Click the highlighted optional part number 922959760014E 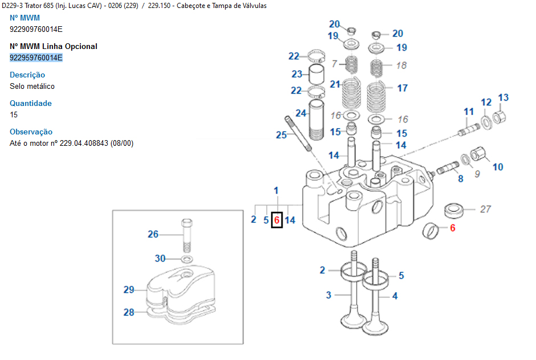36,58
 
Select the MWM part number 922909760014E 36,29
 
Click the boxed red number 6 277,220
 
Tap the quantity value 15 14,114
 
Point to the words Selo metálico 32,86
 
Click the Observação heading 31,132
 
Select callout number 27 485,209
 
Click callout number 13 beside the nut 504,98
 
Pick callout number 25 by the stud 281,135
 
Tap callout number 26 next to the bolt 153,234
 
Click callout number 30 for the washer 160,259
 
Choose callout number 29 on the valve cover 129,290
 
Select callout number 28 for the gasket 129,312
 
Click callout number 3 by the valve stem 329,294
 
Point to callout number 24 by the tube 301,113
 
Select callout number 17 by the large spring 402,88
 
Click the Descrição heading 27,75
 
